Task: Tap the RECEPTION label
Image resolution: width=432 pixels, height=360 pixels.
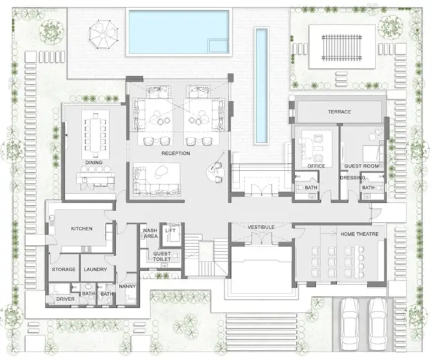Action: tap(176, 154)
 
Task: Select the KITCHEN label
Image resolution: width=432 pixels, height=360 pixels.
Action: tap(81, 229)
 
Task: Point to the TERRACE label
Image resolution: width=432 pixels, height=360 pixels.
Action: tap(339, 112)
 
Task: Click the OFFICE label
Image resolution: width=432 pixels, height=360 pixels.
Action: tap(316, 166)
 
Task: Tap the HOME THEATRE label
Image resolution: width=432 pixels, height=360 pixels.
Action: tap(359, 234)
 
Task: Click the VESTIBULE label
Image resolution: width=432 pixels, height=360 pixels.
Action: tap(262, 227)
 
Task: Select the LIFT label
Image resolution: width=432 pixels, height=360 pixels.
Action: tap(170, 230)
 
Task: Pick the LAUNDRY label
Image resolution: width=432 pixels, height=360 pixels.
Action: tap(95, 270)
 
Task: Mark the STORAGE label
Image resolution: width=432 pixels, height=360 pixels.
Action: tap(64, 270)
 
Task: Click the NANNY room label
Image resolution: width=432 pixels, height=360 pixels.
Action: tap(127, 287)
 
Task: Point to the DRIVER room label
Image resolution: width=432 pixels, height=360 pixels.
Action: tap(65, 298)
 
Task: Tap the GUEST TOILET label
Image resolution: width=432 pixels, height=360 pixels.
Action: tap(162, 257)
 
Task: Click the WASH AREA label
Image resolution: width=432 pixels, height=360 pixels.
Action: tap(150, 233)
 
